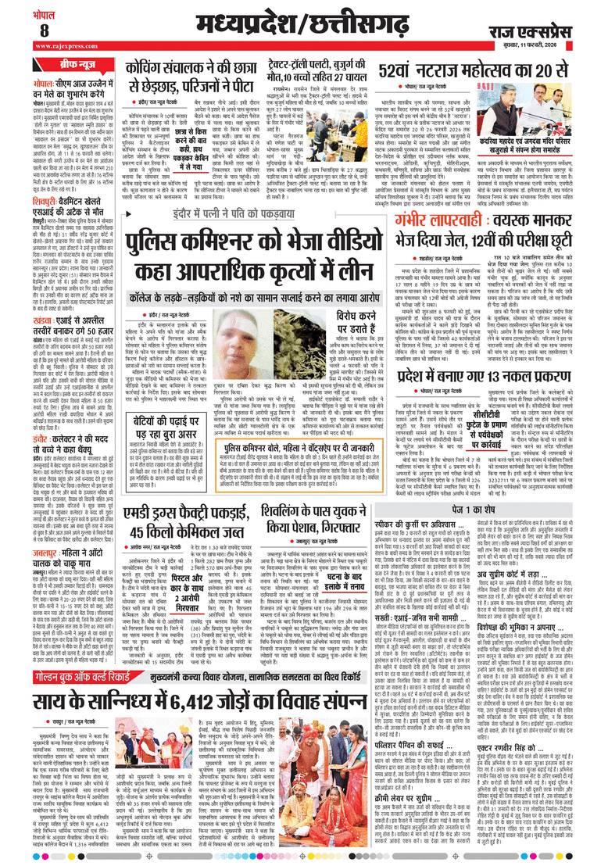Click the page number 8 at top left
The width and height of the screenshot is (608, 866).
21,30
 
